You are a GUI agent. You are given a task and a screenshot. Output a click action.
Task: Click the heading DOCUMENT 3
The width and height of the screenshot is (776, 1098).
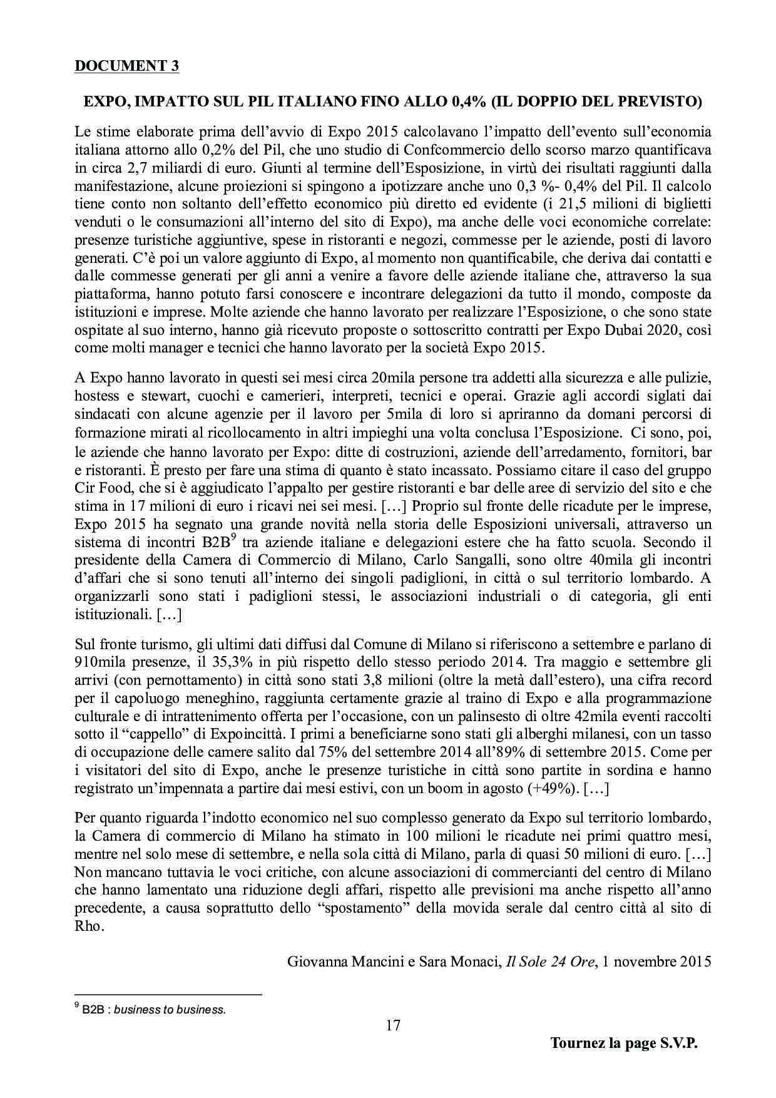pyautogui.click(x=126, y=66)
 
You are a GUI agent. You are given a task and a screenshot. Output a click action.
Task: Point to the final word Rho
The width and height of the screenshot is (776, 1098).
pyautogui.click(x=88, y=926)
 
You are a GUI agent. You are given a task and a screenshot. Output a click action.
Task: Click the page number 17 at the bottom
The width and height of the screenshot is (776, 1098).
pyautogui.click(x=393, y=1025)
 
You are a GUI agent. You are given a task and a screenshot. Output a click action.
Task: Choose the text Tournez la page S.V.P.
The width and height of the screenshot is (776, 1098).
pyautogui.click(x=623, y=1044)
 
